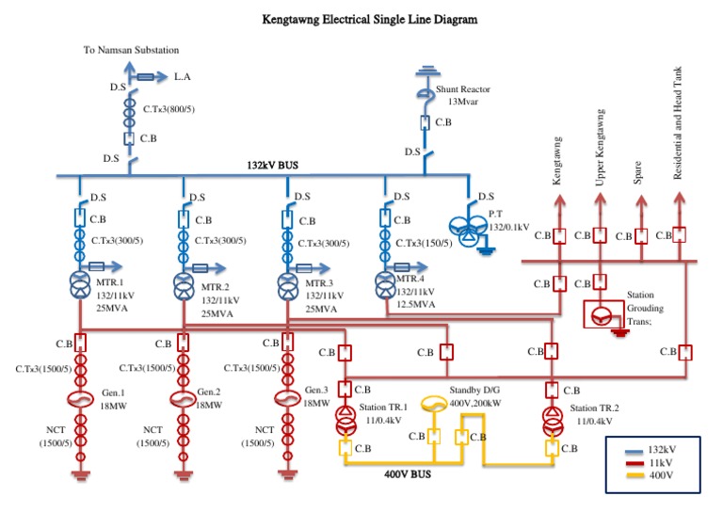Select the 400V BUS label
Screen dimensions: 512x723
[x=407, y=475]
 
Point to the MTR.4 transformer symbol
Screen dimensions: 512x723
[x=384, y=283]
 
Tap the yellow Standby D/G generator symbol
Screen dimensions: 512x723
[x=432, y=403]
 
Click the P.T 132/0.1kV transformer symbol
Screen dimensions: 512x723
[x=467, y=234]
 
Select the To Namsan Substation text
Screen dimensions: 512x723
[x=132, y=50]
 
